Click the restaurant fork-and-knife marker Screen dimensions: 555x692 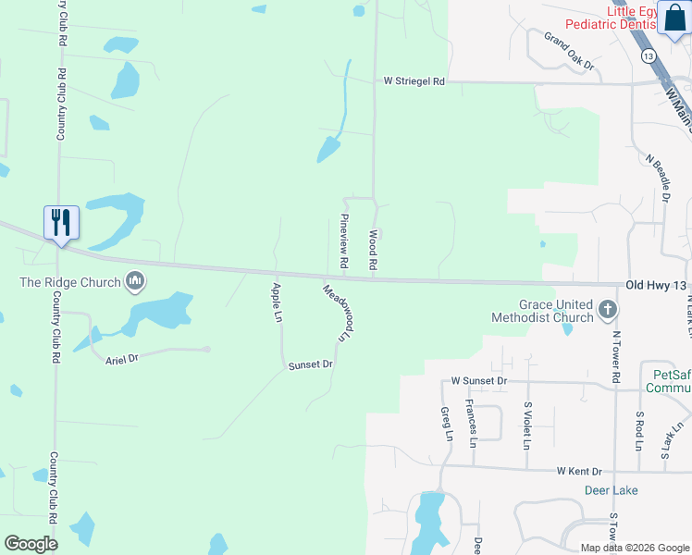(x=62, y=223)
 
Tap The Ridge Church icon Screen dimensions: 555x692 (x=135, y=280)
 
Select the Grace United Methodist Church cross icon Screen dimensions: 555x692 (x=608, y=309)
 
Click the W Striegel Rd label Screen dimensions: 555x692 (x=415, y=81)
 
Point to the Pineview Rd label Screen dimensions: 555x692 (x=343, y=241)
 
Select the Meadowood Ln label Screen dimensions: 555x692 (x=340, y=313)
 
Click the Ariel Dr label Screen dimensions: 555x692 (x=121, y=358)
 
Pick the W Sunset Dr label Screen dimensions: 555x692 (x=479, y=380)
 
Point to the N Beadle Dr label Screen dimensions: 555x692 (x=658, y=178)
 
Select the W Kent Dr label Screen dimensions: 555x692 (x=579, y=471)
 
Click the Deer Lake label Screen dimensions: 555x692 (x=612, y=489)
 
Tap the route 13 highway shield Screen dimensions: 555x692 (x=648, y=56)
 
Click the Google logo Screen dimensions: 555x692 (x=31, y=544)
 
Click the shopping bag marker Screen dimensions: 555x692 (x=674, y=17)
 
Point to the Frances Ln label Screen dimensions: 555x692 (x=471, y=424)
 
